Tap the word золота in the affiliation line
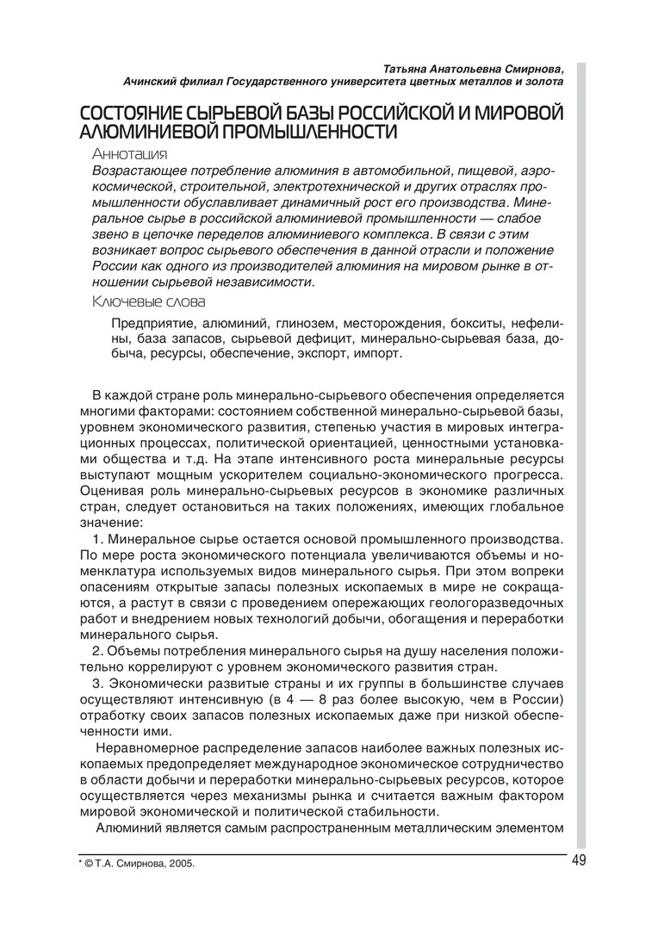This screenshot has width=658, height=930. coord(543,81)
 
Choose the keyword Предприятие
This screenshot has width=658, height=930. coord(153,324)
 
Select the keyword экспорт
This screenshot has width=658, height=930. coord(324,353)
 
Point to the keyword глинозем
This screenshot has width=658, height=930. coord(305,324)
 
